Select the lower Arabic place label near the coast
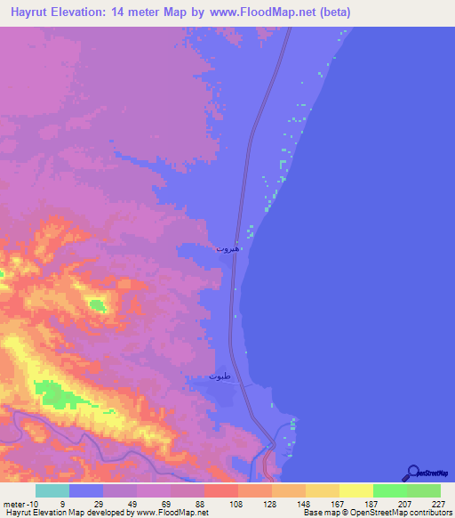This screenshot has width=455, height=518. click(220, 376)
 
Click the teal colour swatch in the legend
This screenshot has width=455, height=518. click(52, 491)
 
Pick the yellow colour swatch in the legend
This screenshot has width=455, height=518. click(355, 491)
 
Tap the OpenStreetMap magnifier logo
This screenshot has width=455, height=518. click(411, 473)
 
